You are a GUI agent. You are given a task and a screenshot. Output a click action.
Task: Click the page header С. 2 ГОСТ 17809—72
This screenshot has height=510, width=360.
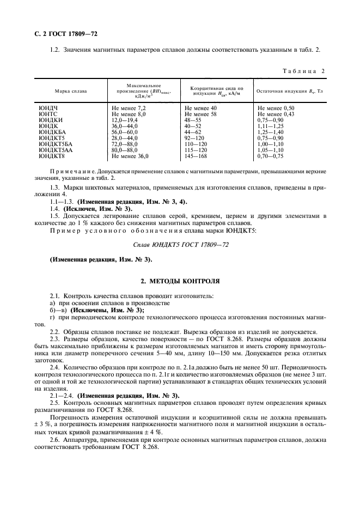[x=62, y=34]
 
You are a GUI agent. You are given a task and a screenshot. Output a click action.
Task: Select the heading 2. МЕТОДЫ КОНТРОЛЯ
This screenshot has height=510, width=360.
[x=180, y=281]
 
